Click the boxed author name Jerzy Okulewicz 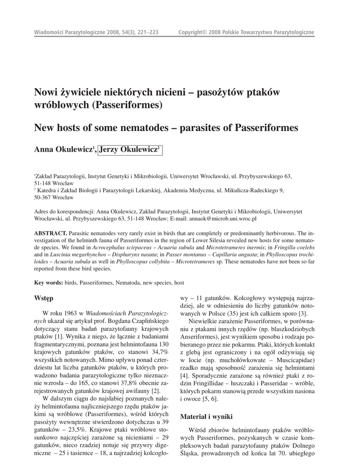pos(131,150)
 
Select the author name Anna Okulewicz pos(63,150)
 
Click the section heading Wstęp pos(44,298)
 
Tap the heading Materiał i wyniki pos(207,416)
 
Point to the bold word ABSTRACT pos(51,233)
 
